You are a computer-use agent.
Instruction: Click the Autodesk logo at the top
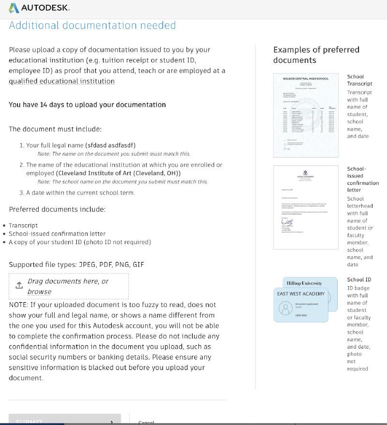coord(39,8)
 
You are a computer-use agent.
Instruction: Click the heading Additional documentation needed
coord(92,26)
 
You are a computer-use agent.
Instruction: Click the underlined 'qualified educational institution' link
coord(61,81)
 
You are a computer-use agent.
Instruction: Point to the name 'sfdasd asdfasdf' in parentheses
coord(110,145)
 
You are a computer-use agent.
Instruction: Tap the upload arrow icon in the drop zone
coord(19,285)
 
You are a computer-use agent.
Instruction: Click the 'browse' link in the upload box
coord(39,292)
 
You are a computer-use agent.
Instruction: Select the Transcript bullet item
coord(23,225)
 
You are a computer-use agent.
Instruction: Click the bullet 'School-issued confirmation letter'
coord(57,234)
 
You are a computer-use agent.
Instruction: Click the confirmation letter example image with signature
coord(306,207)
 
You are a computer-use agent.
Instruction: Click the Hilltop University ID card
coord(304,283)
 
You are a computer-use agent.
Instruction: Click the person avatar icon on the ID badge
coord(284,308)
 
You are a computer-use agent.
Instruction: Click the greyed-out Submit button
coord(64,421)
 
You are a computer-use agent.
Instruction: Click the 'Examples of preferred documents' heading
coord(316,55)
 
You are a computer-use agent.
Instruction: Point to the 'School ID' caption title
coord(359,279)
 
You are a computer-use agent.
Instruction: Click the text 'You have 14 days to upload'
coord(87,105)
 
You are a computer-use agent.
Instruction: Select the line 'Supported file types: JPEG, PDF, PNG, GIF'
coord(76,264)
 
